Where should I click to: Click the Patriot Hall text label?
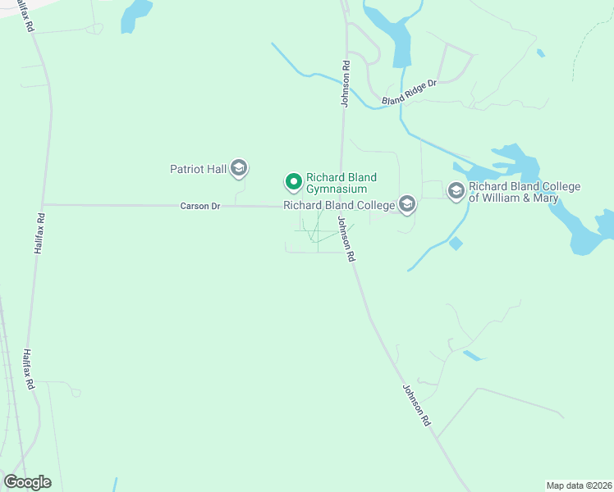click(197, 170)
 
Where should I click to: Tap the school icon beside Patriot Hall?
click(239, 169)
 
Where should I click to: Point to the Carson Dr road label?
click(200, 206)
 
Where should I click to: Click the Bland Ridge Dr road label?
click(409, 92)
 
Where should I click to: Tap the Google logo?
click(27, 481)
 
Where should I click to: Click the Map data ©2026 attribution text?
click(579, 485)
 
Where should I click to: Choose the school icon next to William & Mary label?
click(456, 191)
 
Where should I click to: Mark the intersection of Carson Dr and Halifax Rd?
click(44, 204)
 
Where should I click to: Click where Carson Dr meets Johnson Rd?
click(341, 207)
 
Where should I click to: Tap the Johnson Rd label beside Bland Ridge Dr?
click(346, 82)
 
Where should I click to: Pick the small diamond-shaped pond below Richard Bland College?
click(456, 244)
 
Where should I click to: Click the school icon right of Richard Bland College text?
click(406, 205)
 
